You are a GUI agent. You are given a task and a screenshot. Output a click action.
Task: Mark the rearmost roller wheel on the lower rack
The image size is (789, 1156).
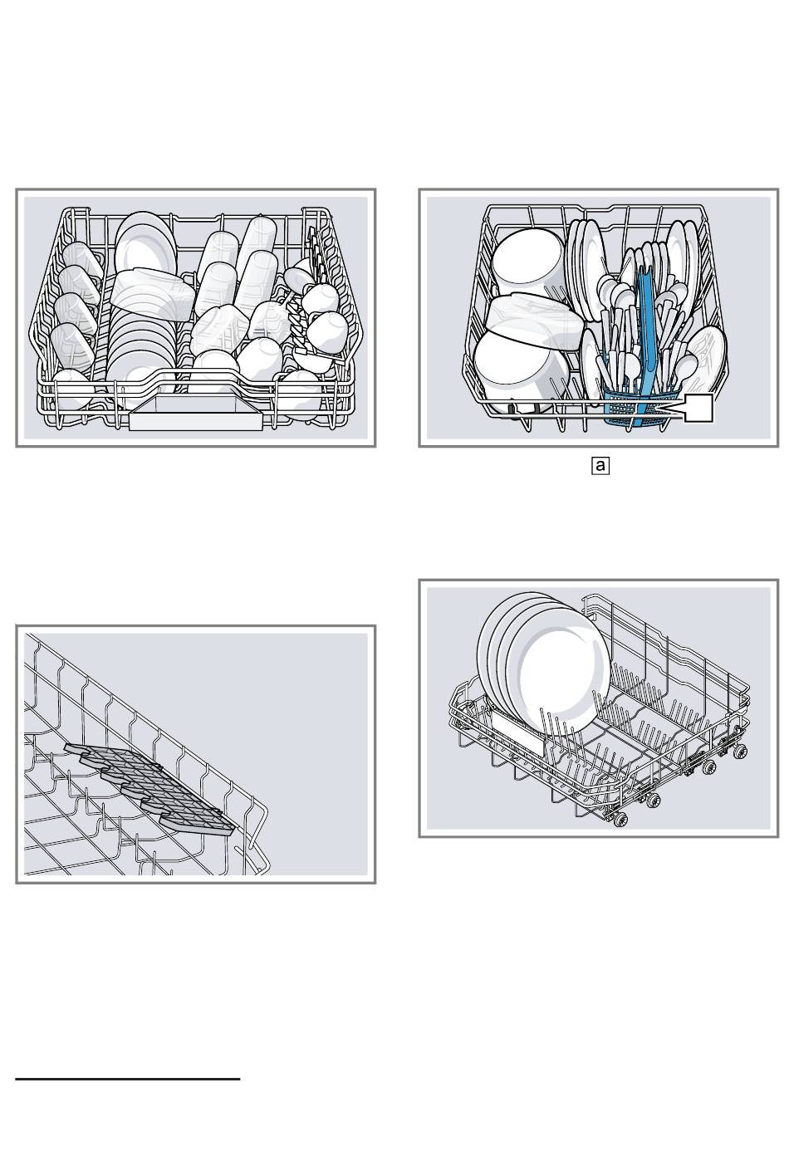(738, 751)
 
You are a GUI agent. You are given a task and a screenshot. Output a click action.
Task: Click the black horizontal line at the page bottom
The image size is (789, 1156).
(128, 1080)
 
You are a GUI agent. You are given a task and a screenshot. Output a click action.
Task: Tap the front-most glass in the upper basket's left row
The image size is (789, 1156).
(71, 390)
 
